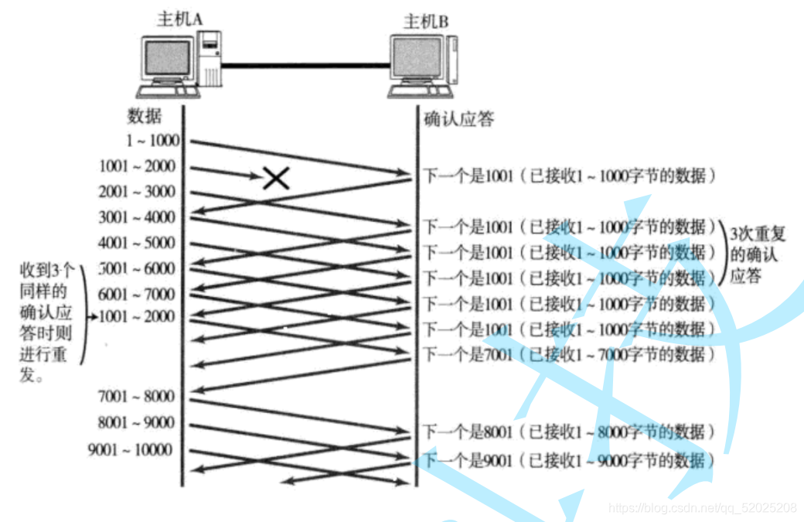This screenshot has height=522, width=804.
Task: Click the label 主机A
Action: pyautogui.click(x=179, y=19)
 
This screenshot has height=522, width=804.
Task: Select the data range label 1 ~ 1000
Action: pyautogui.click(x=154, y=141)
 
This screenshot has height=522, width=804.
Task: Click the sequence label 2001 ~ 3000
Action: pyautogui.click(x=137, y=192)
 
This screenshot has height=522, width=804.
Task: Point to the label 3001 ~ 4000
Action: pyautogui.click(x=137, y=217)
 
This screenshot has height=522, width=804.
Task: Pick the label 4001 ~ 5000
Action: pyautogui.click(x=137, y=243)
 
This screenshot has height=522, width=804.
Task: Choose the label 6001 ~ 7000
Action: pyautogui.click(x=137, y=294)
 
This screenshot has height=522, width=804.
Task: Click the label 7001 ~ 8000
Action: pyautogui.click(x=137, y=397)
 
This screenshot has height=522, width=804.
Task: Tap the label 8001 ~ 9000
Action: pyautogui.click(x=137, y=423)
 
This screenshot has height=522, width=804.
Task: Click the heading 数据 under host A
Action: pyautogui.click(x=145, y=117)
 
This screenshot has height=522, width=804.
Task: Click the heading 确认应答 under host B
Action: pyautogui.click(x=459, y=119)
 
